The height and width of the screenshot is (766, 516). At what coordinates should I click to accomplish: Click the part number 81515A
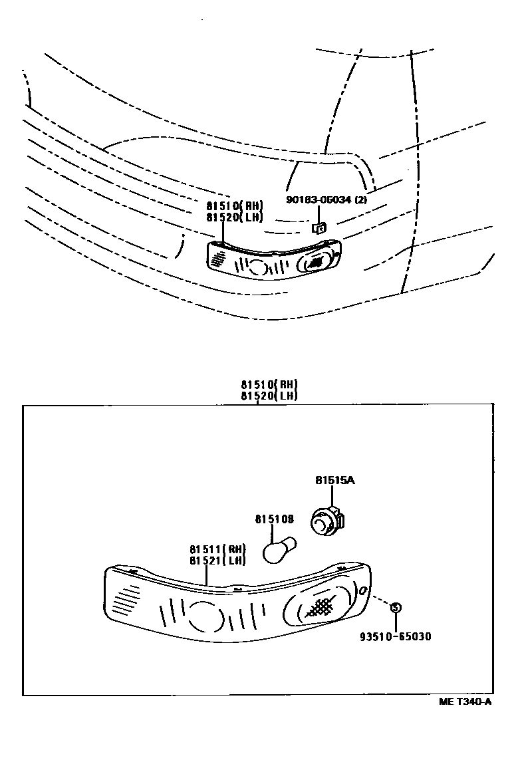click(335, 479)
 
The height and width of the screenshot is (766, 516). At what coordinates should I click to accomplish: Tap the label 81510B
click(275, 519)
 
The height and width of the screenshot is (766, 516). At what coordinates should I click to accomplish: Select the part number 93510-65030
click(396, 636)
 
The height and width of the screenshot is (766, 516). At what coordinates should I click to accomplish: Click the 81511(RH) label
click(217, 549)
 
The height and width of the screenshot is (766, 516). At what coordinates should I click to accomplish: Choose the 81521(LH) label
click(217, 560)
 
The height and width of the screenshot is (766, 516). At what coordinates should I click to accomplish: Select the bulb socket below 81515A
click(326, 523)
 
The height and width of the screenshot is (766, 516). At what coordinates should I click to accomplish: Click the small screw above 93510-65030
click(395, 607)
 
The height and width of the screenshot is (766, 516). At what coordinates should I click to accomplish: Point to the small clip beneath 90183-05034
click(319, 228)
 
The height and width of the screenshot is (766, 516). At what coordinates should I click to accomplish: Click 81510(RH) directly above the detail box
click(269, 384)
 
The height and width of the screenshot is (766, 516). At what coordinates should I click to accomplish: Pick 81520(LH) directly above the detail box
click(269, 395)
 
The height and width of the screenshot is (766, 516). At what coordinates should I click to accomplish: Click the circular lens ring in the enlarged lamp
click(205, 616)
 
